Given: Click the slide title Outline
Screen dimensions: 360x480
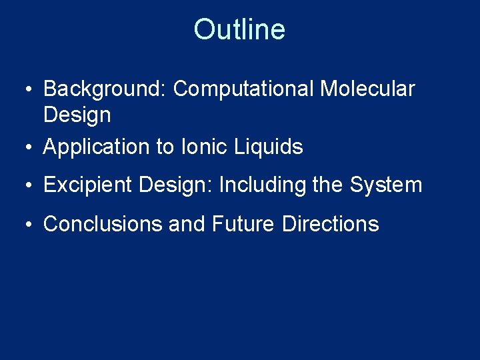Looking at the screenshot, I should point(239,29).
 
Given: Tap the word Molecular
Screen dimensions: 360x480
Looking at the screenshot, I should point(367,89).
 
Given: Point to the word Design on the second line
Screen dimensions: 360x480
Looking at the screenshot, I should point(77,115).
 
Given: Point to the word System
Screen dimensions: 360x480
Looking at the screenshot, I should point(387,185).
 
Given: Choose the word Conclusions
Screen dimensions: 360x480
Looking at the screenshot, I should point(102,224).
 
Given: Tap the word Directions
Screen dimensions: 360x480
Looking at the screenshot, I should point(330,224).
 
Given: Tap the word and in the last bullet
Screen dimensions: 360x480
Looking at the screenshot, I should point(187,224).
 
